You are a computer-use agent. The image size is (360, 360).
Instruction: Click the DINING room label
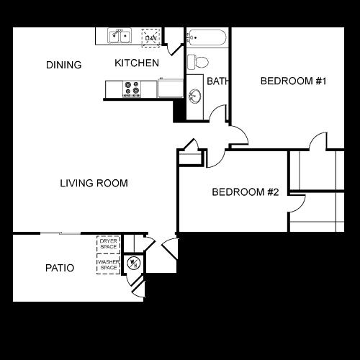point(64,65)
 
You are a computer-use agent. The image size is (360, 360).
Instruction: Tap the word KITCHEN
point(137,63)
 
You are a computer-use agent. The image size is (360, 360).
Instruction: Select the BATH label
point(217,81)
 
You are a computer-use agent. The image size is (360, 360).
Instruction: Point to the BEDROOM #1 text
point(294,81)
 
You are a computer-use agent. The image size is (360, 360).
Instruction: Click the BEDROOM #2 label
point(245,192)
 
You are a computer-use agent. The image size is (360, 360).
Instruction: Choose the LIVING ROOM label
point(94,184)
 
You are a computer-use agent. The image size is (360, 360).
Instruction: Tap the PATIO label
point(60,268)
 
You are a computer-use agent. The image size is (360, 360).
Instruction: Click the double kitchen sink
point(120,35)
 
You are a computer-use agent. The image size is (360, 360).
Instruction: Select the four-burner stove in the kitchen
point(132,89)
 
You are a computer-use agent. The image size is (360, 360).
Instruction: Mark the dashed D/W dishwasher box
point(151,36)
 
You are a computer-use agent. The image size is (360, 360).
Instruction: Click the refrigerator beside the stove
point(170,89)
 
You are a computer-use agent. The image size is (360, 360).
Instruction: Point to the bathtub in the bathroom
point(207,37)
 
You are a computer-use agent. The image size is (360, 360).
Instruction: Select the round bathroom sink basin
point(194,96)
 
